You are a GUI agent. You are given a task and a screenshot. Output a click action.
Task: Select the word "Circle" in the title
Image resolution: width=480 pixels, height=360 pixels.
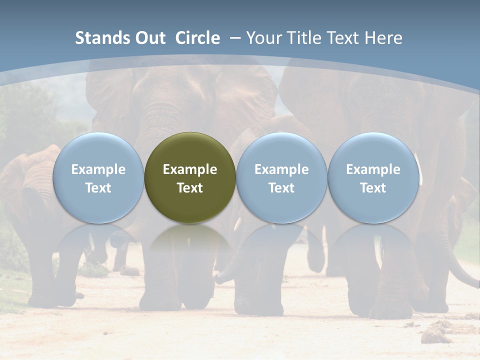point(197,38)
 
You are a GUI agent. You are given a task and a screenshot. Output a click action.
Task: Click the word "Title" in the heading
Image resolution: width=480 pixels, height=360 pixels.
point(303,38)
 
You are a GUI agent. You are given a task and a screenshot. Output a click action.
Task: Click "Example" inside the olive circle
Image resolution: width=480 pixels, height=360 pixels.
point(190,169)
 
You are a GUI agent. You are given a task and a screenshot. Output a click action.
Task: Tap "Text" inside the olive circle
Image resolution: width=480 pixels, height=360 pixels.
point(190,188)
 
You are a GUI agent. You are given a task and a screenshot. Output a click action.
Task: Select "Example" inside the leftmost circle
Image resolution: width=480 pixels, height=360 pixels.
point(98,169)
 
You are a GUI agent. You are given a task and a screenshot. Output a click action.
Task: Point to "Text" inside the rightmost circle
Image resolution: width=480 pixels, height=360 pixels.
point(373,188)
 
